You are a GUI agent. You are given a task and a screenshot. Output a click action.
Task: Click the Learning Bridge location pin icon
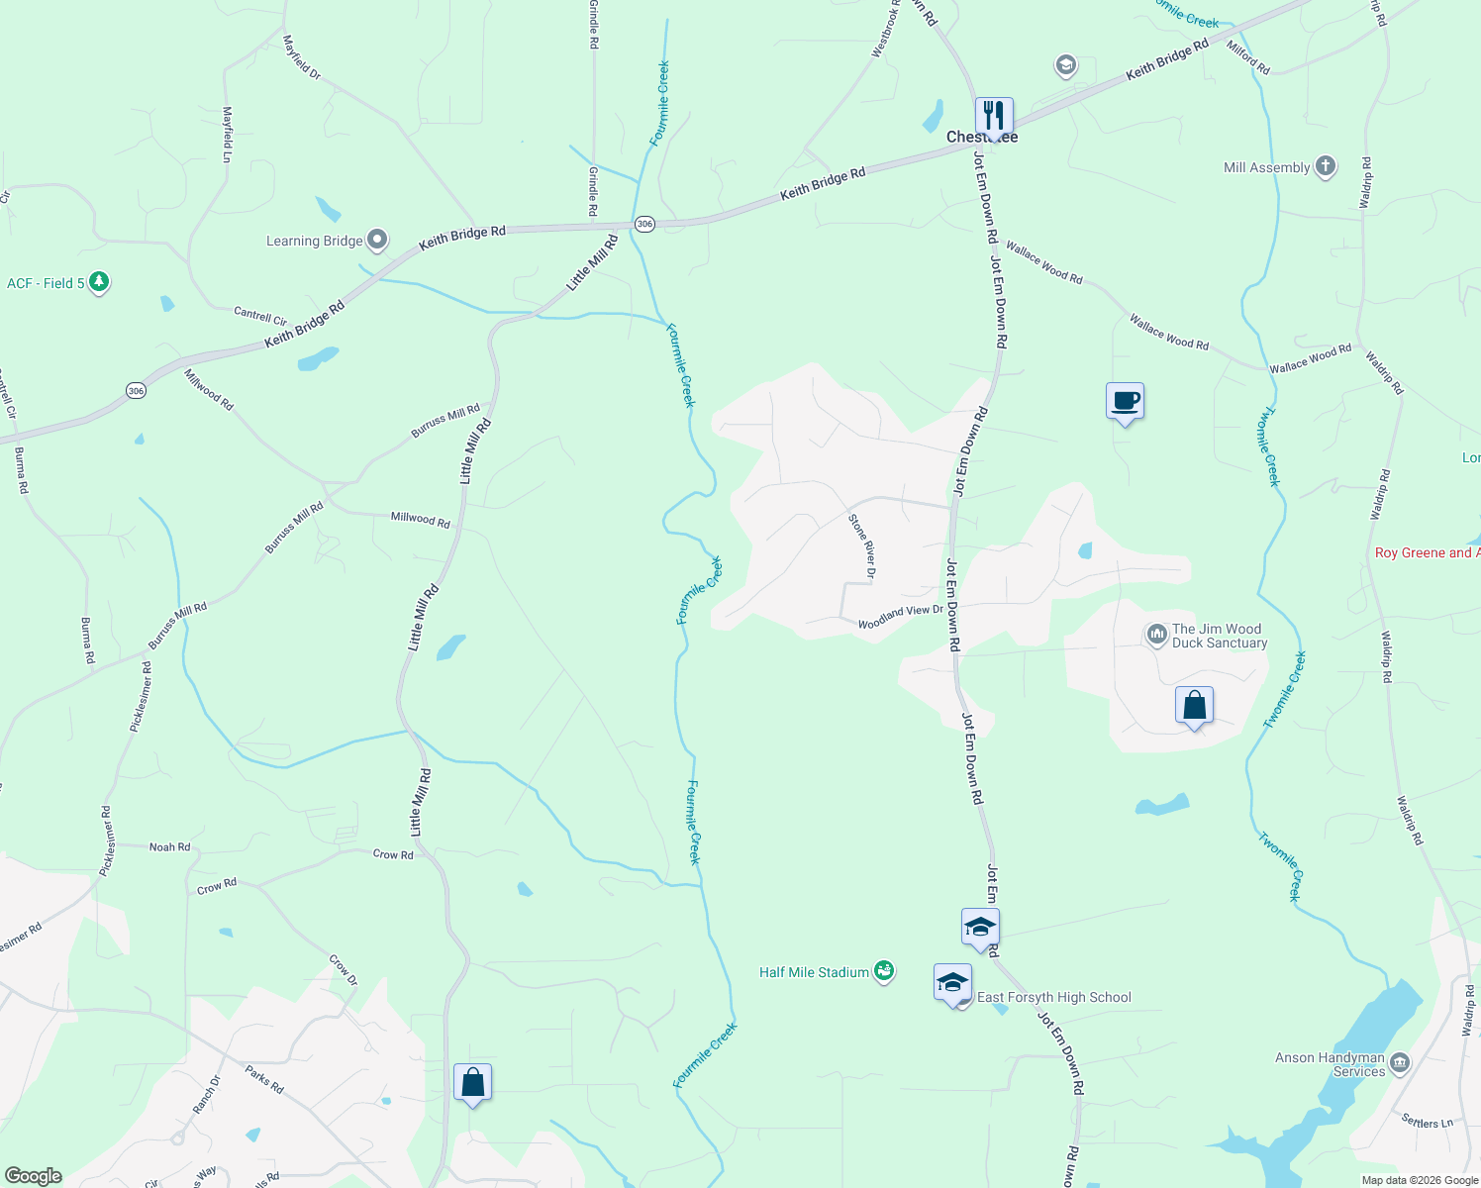click(x=376, y=240)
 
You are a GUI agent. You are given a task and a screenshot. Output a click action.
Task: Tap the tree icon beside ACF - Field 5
click(x=98, y=282)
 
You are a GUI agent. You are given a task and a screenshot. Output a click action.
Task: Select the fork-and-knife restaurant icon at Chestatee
click(x=993, y=116)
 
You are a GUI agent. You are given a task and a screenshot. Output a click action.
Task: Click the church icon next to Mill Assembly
click(x=1325, y=166)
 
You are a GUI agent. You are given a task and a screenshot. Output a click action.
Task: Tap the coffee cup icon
click(x=1125, y=401)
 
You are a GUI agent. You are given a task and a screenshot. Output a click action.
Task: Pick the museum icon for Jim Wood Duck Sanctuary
click(x=1156, y=635)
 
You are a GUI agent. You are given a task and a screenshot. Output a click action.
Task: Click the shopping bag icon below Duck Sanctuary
click(x=1194, y=706)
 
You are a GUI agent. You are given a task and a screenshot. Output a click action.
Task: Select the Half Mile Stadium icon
click(x=884, y=971)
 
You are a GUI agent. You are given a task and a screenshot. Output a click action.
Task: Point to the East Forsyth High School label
click(x=1053, y=997)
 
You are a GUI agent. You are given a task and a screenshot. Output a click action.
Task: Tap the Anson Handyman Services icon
click(x=1399, y=1063)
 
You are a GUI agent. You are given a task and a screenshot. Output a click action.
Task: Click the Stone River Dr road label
click(x=862, y=545)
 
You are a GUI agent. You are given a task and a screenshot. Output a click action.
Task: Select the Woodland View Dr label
click(x=900, y=617)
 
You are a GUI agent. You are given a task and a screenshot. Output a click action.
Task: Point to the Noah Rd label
click(x=169, y=846)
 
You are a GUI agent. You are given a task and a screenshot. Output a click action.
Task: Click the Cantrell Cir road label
click(x=260, y=316)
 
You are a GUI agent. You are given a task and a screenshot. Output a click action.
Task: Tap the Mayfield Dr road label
click(x=302, y=57)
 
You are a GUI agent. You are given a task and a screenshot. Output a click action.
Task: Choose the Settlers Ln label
click(x=1428, y=1122)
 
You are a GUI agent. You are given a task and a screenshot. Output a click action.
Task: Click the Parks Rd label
click(x=264, y=1079)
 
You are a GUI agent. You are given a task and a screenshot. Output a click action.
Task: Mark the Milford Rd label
click(x=1248, y=58)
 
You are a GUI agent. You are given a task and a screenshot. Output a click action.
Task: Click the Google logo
click(x=34, y=1176)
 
